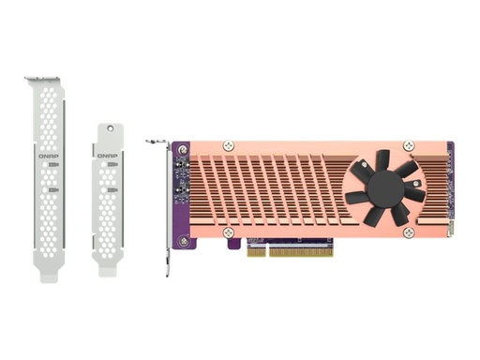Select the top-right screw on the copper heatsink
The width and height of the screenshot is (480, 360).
(408, 146)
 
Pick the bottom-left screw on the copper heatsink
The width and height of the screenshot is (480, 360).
(227, 230)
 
